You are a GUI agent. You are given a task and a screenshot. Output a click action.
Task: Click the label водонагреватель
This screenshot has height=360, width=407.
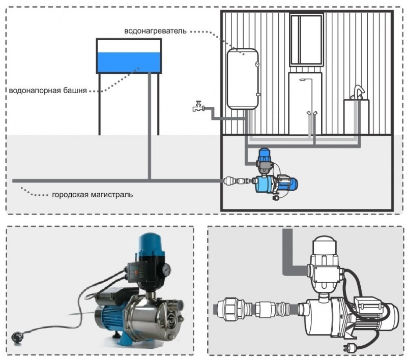click(155, 31)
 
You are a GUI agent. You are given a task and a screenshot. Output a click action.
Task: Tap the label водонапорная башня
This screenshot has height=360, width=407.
click(48, 91)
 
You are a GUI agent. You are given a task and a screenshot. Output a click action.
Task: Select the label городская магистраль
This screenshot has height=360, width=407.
click(93, 195)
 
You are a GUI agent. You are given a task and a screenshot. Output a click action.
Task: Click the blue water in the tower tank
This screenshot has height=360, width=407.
click(129, 63)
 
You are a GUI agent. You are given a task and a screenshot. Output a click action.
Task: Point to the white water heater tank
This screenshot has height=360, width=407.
click(243, 79)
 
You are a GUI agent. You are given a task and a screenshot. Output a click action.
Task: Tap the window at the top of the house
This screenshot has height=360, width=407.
click(307, 40)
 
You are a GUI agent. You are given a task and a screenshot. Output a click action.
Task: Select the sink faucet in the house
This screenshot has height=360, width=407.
click(359, 92)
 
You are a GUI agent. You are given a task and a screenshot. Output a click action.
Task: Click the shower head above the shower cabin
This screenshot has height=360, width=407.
click(303, 80)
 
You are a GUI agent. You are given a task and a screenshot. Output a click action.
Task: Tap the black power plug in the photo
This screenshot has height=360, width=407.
click(17, 337)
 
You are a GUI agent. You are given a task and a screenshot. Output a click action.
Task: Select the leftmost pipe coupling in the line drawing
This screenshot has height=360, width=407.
click(230, 309)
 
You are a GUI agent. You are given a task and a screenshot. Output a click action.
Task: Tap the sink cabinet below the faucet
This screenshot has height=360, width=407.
click(357, 117)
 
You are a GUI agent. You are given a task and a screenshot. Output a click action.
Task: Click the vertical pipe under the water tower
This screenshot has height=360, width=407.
click(150, 126)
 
